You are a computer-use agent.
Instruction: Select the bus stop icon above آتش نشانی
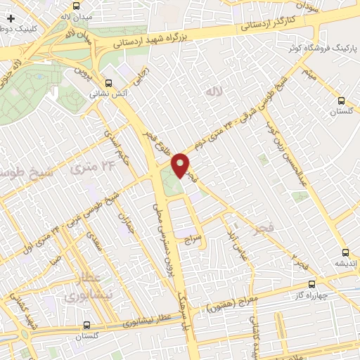coord(107,82)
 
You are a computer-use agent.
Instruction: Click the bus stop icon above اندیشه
coord(345,252)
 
